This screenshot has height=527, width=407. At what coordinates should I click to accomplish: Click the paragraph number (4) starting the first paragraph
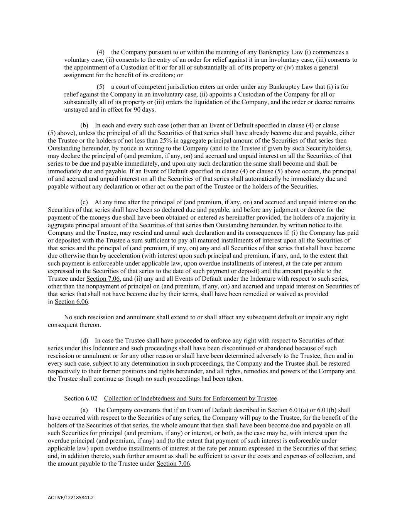[x=100, y=52]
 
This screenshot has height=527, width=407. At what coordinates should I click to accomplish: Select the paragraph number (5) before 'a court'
[x=100, y=87]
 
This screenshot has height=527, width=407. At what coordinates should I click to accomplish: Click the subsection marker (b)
[x=84, y=125]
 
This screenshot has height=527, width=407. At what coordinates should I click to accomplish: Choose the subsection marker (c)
[x=84, y=202]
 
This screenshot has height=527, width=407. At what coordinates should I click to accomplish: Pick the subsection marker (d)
[x=84, y=341]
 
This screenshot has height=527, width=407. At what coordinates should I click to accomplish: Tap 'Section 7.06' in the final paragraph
[x=173, y=464]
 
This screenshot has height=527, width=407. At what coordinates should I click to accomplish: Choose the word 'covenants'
[x=133, y=410]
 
